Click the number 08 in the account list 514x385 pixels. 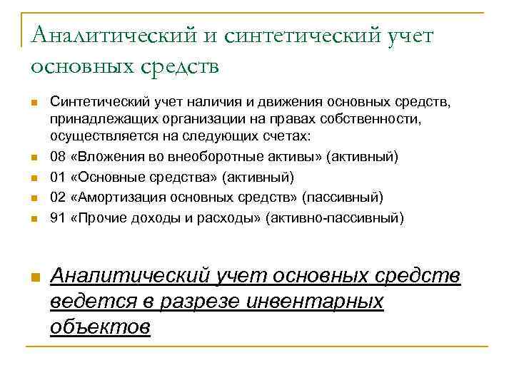coord(58,156)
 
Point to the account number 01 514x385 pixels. coord(58,176)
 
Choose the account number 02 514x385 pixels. coord(58,197)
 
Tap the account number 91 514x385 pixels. coord(58,217)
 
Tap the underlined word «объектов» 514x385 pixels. coord(101,327)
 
